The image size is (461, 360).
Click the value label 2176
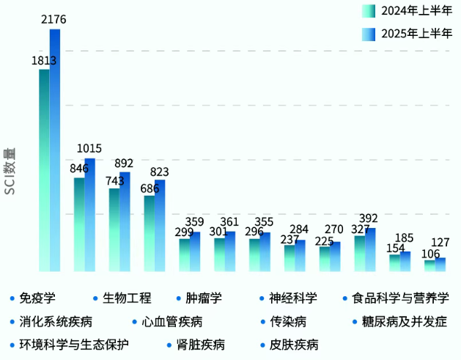tap(54, 18)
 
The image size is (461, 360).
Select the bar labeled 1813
tap(44, 169)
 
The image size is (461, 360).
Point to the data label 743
tap(114, 180)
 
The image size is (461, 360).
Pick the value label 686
tap(150, 188)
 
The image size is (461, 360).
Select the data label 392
tap(369, 218)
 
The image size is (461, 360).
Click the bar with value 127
tap(440, 264)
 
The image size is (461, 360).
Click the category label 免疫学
tap(37, 298)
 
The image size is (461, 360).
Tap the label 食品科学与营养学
tap(400, 298)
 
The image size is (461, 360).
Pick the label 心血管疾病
tap(172, 321)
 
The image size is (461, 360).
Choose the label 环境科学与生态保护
tap(74, 344)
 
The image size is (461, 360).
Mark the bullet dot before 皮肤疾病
tap(262, 344)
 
